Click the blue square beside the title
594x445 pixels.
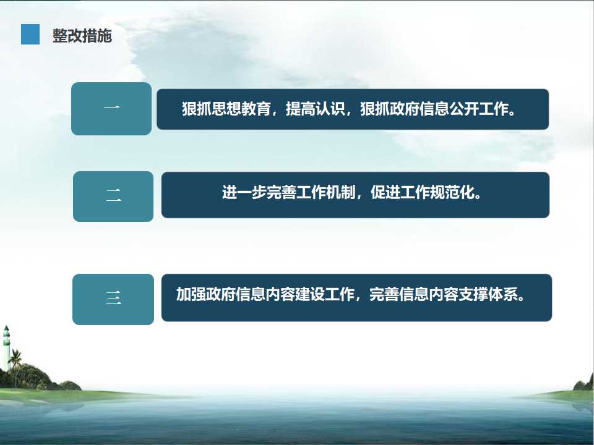tap(30, 35)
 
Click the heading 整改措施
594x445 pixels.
tap(82, 36)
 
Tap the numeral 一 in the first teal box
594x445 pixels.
tap(112, 108)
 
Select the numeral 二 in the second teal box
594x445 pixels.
tap(114, 195)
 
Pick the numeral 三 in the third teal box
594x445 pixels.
tap(114, 298)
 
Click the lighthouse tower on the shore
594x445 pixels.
tap(6, 347)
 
